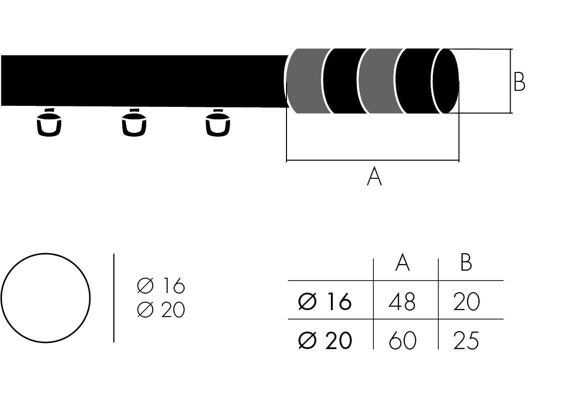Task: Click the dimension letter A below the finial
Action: click(x=374, y=177)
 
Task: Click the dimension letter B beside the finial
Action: click(x=519, y=82)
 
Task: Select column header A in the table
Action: click(x=402, y=262)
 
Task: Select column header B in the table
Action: click(x=466, y=262)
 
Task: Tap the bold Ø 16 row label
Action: click(x=325, y=302)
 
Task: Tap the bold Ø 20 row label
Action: click(x=325, y=341)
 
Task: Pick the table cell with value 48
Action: click(x=402, y=302)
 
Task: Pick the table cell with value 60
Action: click(x=402, y=341)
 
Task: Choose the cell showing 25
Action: click(x=466, y=341)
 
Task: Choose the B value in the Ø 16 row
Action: click(x=466, y=302)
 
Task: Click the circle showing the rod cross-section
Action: click(x=45, y=298)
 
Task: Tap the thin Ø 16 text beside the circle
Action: click(x=161, y=286)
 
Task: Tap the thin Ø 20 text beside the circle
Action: click(x=161, y=310)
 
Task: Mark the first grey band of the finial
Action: click(x=304, y=81)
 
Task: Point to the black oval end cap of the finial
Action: click(x=446, y=81)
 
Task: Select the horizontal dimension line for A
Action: click(x=372, y=161)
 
